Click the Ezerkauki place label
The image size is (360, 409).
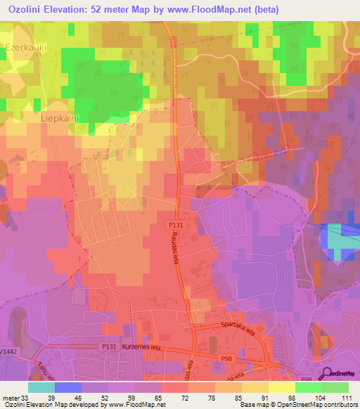point(26,47)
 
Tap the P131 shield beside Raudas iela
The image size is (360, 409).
point(176,225)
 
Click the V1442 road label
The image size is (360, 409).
point(8,349)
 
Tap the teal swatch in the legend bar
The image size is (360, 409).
point(41,387)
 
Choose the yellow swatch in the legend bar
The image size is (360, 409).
point(282,387)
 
